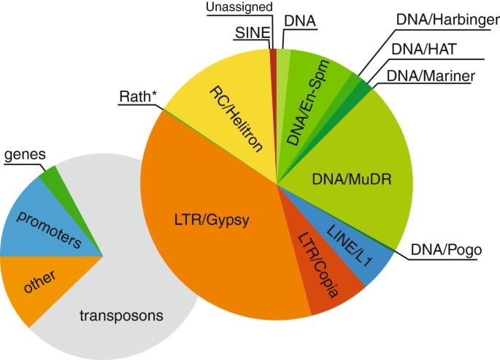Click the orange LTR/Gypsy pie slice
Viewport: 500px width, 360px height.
(x=212, y=219)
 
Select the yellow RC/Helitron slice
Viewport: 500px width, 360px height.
(x=226, y=110)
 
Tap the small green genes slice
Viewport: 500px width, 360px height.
(x=50, y=176)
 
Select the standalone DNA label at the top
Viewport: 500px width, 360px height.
(x=299, y=21)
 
